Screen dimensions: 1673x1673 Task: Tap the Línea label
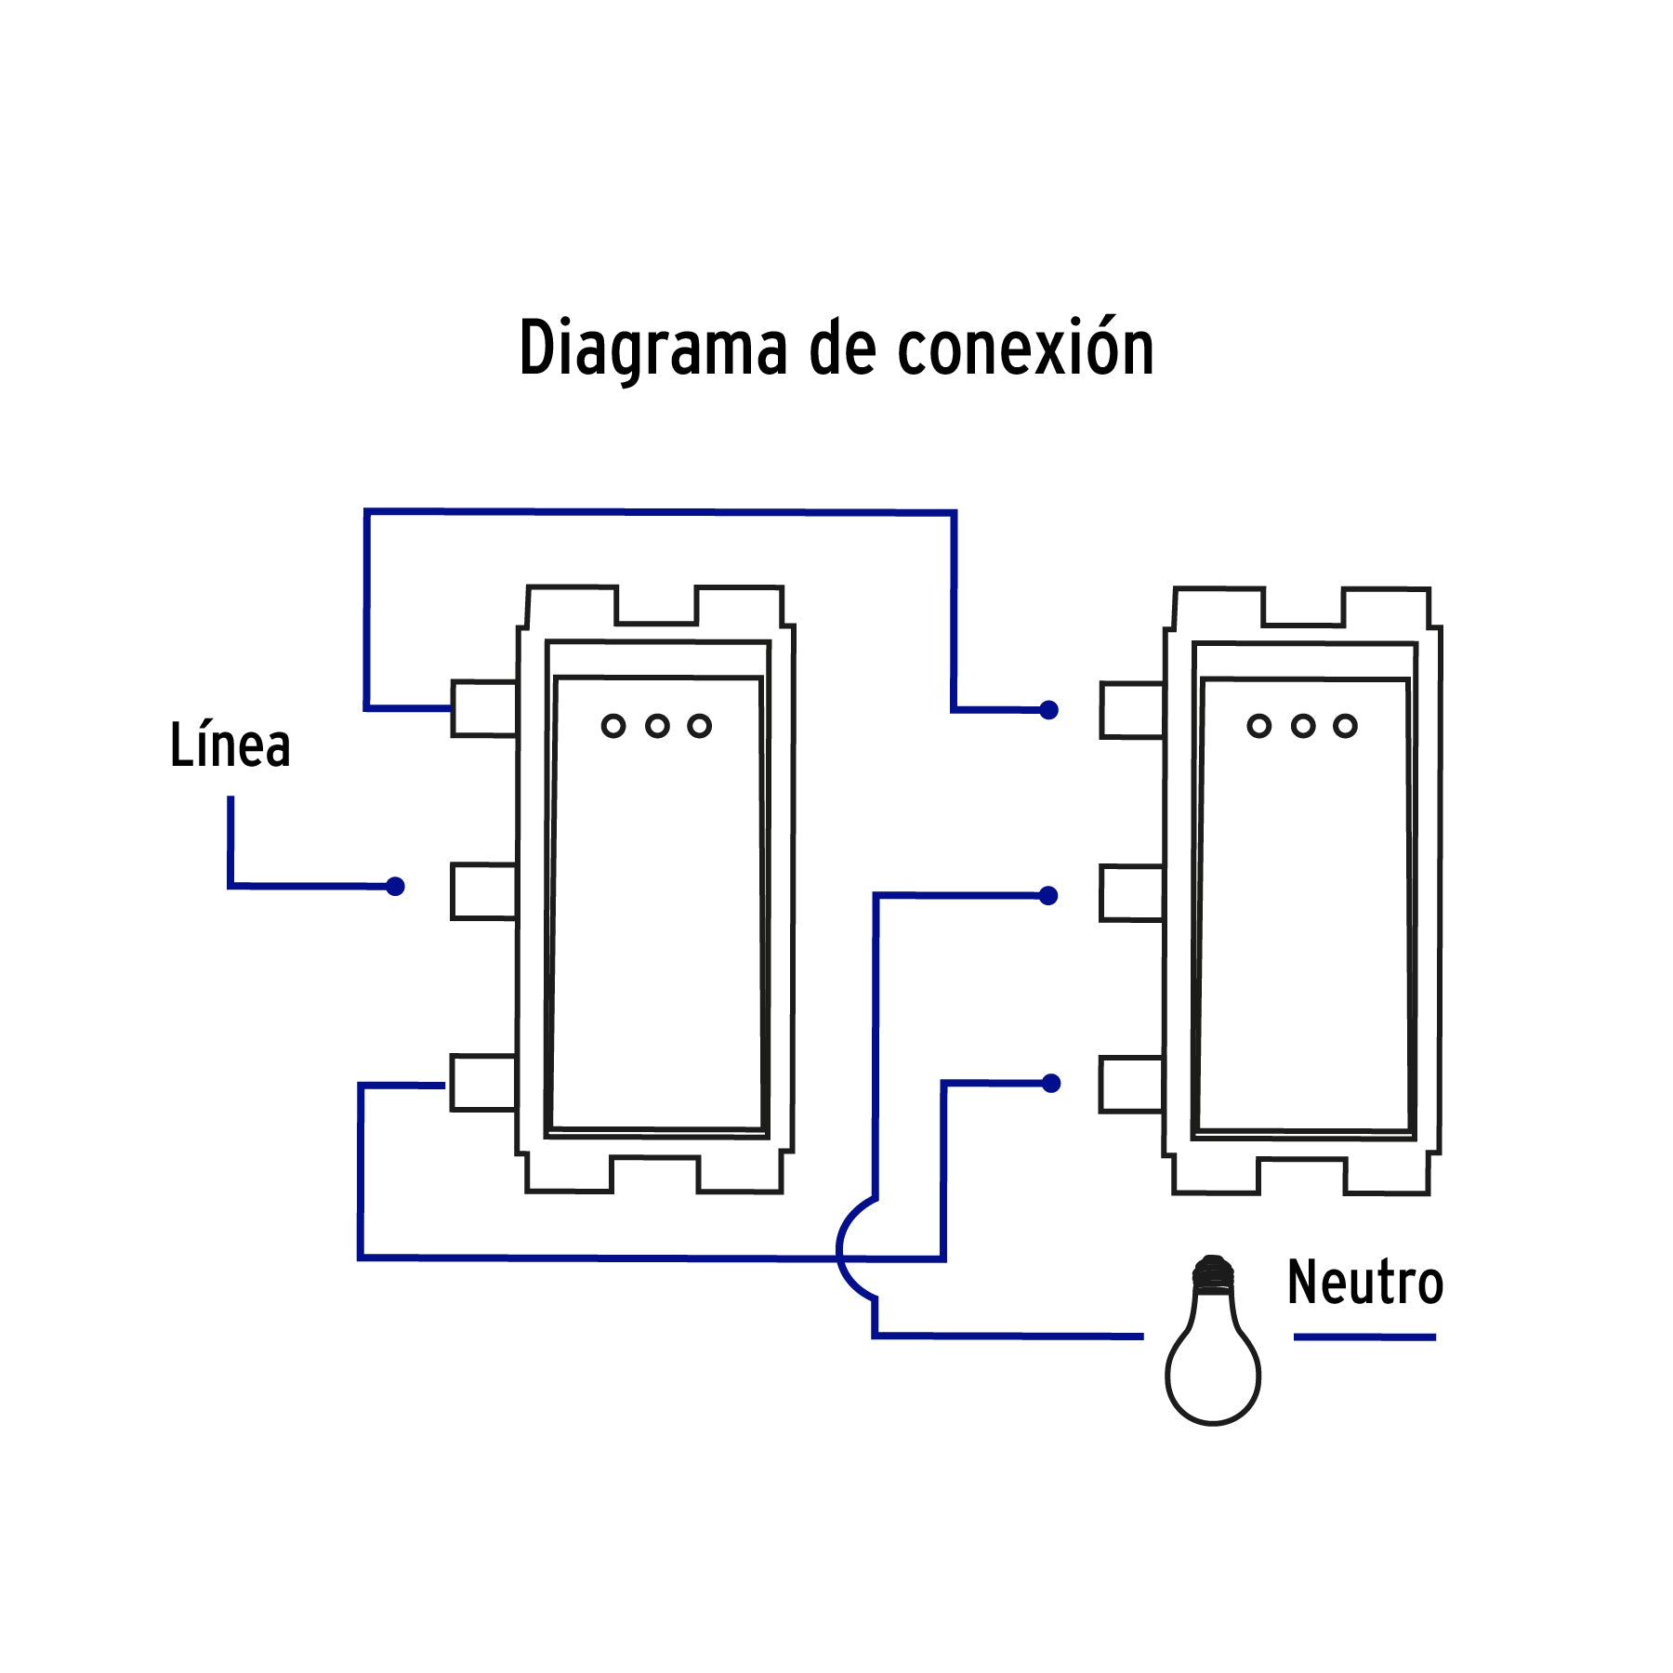tap(230, 745)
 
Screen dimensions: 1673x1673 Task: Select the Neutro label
tap(1364, 1283)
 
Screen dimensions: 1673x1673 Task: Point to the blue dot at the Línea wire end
tap(395, 887)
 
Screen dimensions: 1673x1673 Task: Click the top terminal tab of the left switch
tap(483, 709)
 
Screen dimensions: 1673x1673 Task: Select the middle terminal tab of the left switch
tap(483, 891)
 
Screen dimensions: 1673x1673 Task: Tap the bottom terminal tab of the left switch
tap(482, 1083)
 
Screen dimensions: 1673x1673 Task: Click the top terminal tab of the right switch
tap(1131, 711)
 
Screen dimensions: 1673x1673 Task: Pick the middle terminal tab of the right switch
tap(1131, 893)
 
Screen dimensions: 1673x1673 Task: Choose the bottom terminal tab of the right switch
tap(1131, 1085)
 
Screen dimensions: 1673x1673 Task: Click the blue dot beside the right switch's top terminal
tap(1049, 710)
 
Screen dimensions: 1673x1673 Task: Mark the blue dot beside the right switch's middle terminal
tap(1049, 896)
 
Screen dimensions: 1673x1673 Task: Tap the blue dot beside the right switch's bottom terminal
tap(1051, 1084)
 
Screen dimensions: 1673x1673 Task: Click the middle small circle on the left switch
tap(657, 726)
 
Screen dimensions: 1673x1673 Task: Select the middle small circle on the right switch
tap(1303, 726)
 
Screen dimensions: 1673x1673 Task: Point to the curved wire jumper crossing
tap(840, 1249)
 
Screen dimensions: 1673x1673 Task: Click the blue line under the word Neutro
tap(1364, 1337)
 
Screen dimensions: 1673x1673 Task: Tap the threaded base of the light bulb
tap(1213, 1274)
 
